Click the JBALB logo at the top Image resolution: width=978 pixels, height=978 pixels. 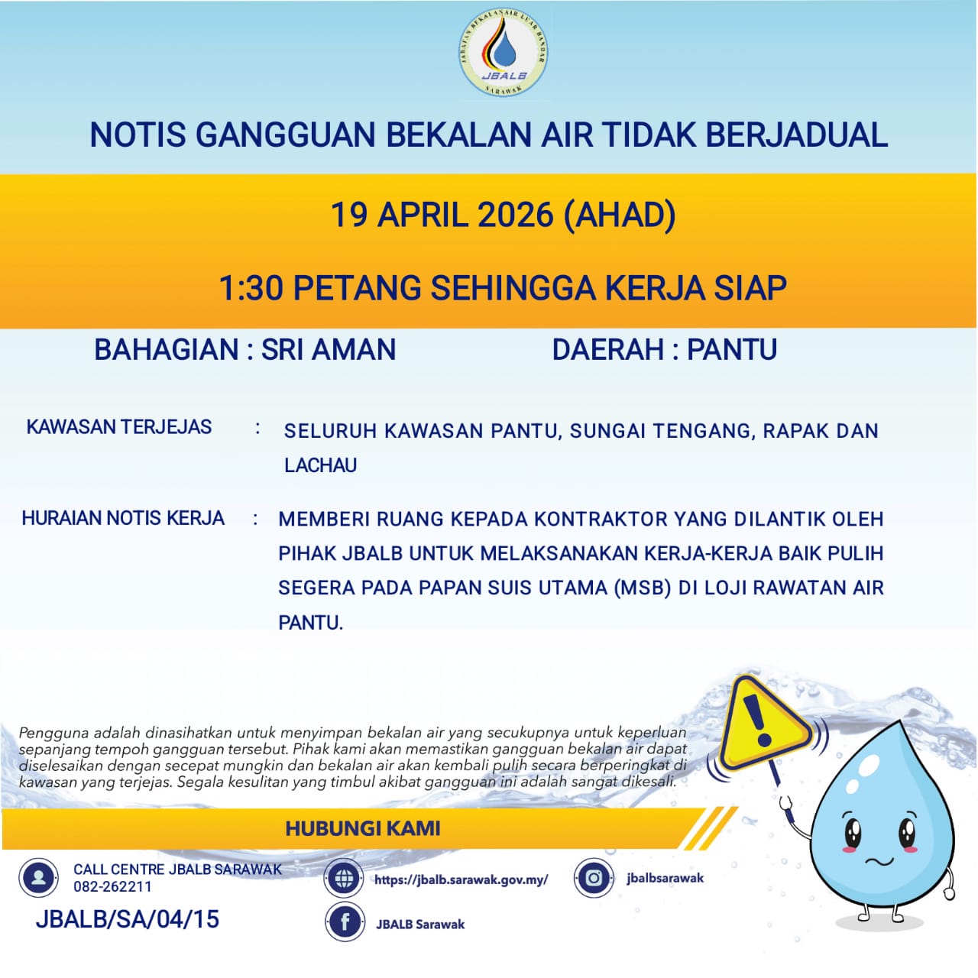click(x=504, y=54)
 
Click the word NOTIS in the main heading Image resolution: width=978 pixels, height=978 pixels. click(x=138, y=135)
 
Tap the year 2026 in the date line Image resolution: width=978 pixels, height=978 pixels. click(x=515, y=215)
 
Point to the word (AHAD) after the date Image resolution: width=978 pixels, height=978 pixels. click(x=619, y=215)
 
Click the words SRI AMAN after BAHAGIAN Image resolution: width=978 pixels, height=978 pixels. click(x=329, y=350)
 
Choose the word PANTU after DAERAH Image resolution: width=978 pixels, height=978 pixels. click(x=732, y=350)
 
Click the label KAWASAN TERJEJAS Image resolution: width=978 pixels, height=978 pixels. click(x=119, y=427)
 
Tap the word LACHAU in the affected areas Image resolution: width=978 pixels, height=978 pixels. click(x=320, y=465)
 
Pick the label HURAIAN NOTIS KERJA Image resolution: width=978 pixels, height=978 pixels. click(x=123, y=518)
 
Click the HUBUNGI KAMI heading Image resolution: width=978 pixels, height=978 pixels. click(x=363, y=828)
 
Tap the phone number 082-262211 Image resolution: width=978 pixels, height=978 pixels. click(x=112, y=887)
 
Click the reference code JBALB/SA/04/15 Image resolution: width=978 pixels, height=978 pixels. click(x=128, y=919)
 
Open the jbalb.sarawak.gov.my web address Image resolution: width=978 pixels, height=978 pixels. click(x=461, y=879)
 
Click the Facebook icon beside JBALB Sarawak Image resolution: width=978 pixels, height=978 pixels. click(x=345, y=922)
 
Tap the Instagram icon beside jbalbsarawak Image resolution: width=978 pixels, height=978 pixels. click(x=594, y=877)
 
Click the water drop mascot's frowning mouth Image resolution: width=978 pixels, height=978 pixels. click(x=879, y=862)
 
